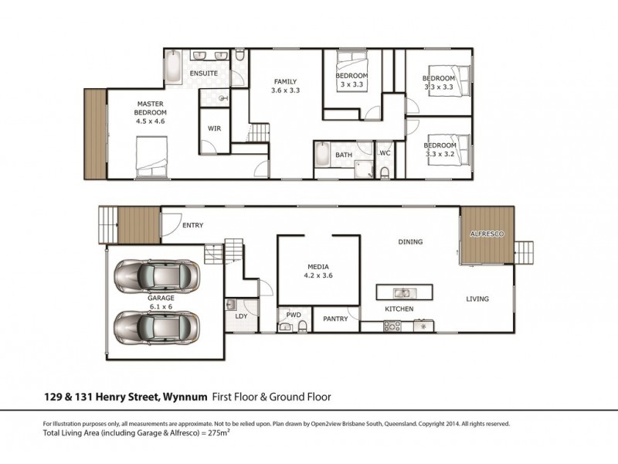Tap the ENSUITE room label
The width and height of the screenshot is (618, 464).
[205, 73]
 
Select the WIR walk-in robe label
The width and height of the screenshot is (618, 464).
[215, 128]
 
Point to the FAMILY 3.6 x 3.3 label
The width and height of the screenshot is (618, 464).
[285, 86]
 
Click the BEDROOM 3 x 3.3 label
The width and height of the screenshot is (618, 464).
[352, 80]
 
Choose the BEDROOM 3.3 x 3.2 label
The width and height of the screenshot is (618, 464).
[440, 149]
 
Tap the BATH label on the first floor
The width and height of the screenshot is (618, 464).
[344, 155]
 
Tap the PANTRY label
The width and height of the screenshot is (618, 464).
[335, 318]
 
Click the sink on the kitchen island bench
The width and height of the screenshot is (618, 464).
[402, 293]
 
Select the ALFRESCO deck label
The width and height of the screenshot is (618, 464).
[487, 233]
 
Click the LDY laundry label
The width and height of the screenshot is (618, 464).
[239, 317]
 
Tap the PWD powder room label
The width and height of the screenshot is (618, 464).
[293, 315]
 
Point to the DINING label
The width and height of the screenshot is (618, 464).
[410, 242]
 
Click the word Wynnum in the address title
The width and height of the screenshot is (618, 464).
[185, 397]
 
